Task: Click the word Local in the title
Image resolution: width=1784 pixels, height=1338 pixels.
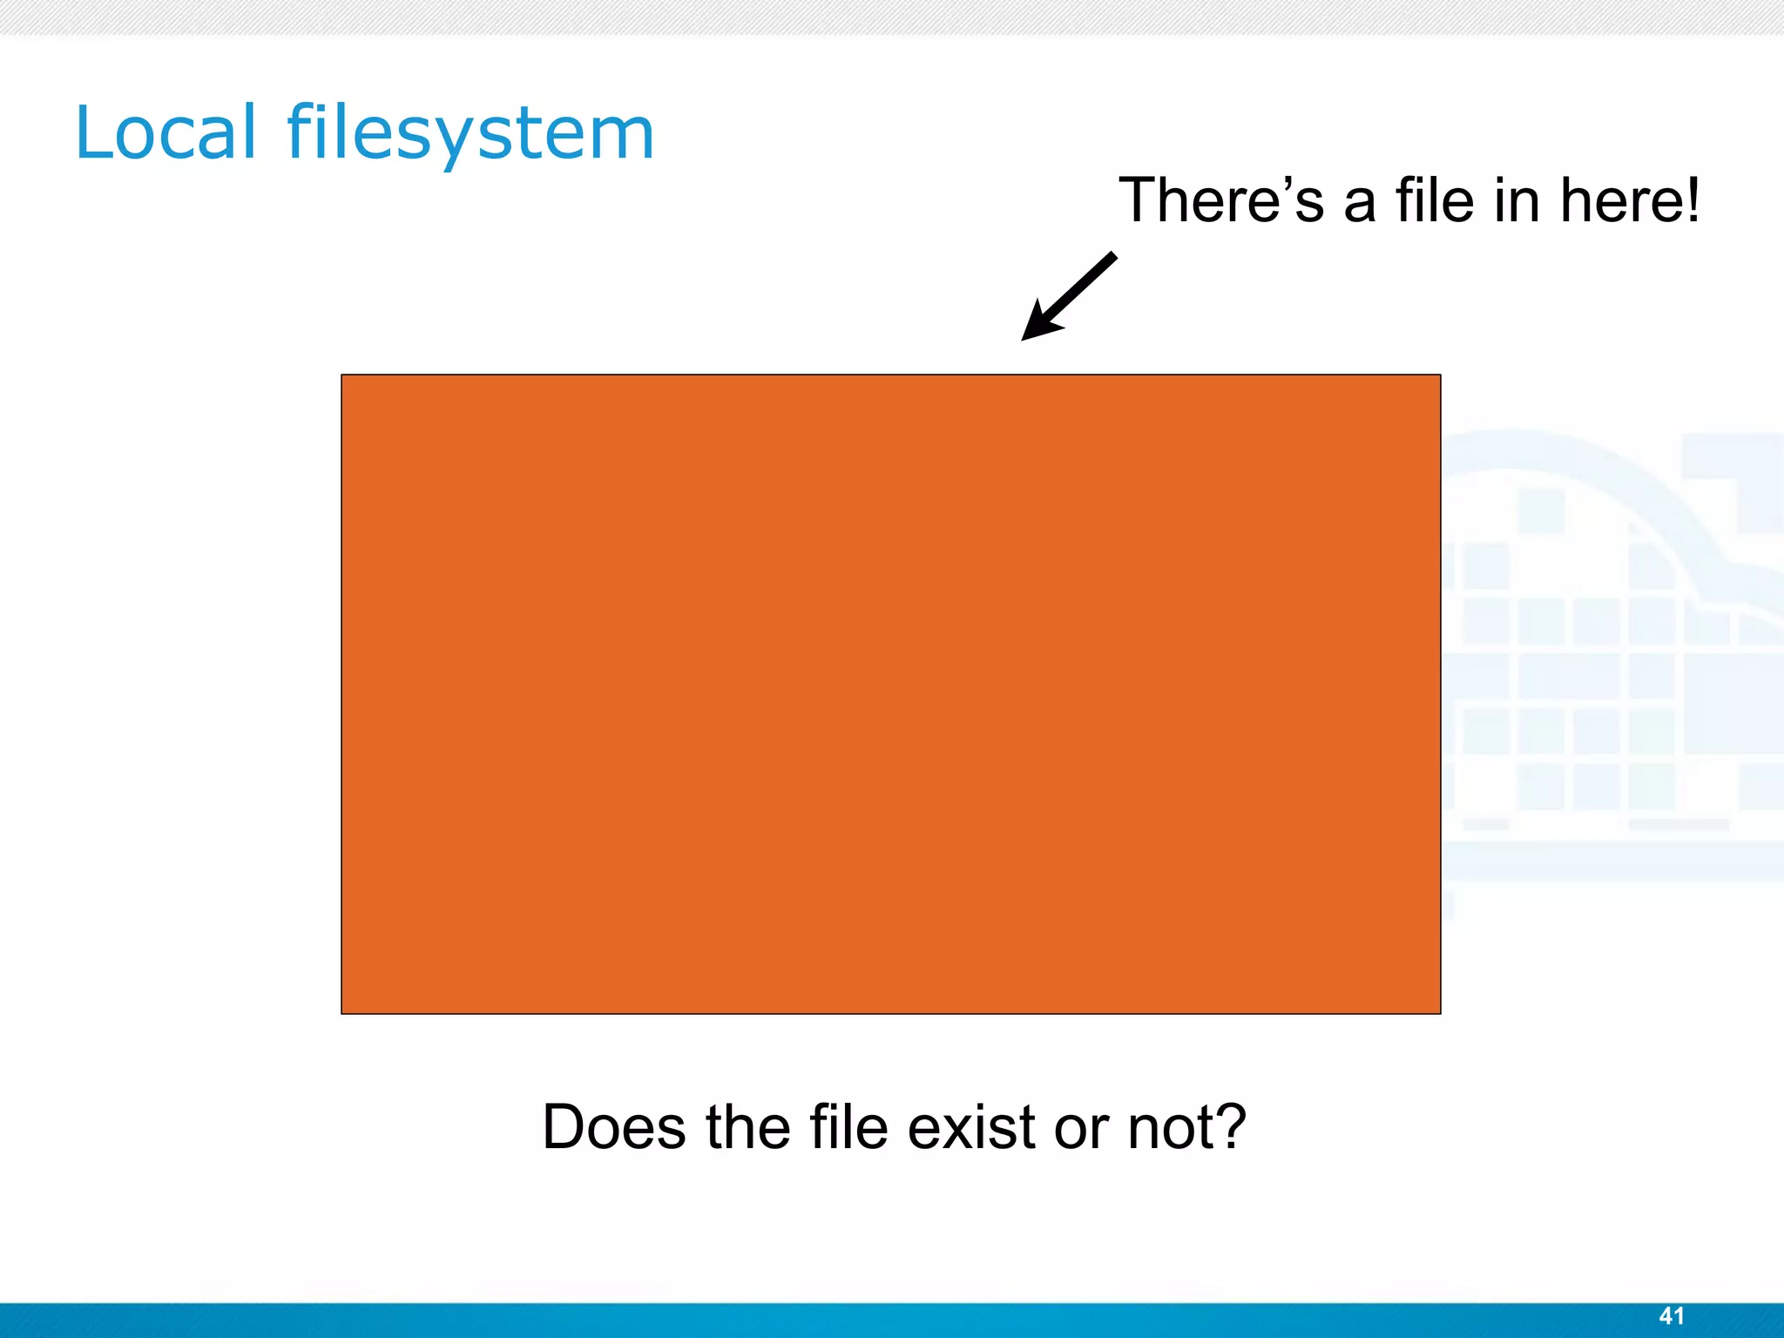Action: tap(166, 132)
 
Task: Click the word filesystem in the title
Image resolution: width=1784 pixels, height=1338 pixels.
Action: tap(470, 134)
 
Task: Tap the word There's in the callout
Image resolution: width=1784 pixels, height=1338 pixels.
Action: tap(1220, 200)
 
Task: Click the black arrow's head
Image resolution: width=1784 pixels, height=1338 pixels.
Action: tap(1039, 324)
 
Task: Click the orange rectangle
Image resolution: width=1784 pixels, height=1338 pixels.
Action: tap(890, 693)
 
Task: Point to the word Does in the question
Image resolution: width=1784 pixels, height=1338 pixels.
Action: tap(613, 1127)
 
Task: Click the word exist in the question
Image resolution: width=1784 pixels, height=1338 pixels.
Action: tap(972, 1127)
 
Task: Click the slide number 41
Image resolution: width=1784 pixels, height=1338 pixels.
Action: tap(1672, 1316)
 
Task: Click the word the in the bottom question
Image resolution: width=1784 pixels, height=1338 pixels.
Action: tap(747, 1127)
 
